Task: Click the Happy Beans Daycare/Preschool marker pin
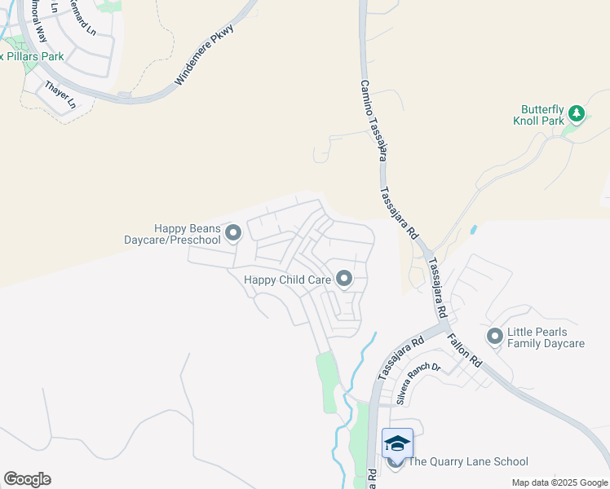(x=233, y=234)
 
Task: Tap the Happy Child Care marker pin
(x=344, y=280)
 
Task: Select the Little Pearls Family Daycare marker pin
(x=494, y=336)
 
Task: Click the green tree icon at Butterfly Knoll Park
(x=577, y=113)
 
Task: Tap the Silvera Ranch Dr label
(x=418, y=383)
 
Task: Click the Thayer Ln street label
(x=60, y=95)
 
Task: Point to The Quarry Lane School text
(x=467, y=462)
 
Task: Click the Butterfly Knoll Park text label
(x=543, y=115)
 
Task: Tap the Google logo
(x=27, y=479)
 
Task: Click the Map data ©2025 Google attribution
(x=559, y=482)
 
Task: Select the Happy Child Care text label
(x=288, y=280)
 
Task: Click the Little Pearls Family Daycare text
(x=546, y=337)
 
